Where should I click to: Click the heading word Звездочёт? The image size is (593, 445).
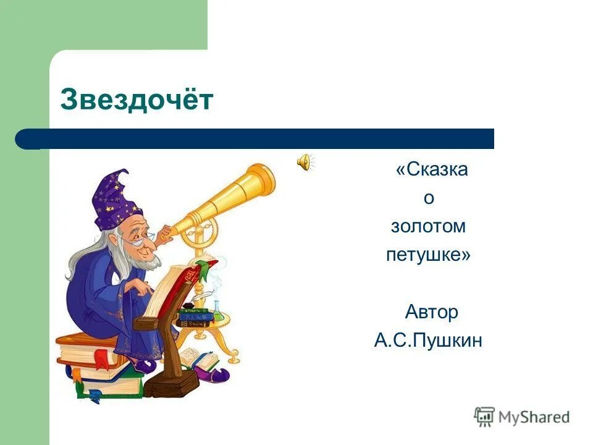tap(137, 100)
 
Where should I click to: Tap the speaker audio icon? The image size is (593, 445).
tap(305, 163)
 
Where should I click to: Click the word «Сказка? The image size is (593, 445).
tap(431, 169)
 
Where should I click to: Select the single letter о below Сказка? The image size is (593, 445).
tap(429, 198)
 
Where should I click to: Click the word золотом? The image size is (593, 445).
tap(428, 227)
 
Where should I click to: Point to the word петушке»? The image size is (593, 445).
tap(428, 255)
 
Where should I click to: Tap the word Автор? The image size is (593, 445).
tap(431, 312)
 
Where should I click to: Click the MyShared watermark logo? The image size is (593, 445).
tap(522, 417)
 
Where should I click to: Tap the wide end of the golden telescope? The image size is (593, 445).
tap(263, 179)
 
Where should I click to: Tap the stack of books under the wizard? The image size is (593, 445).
tap(93, 365)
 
